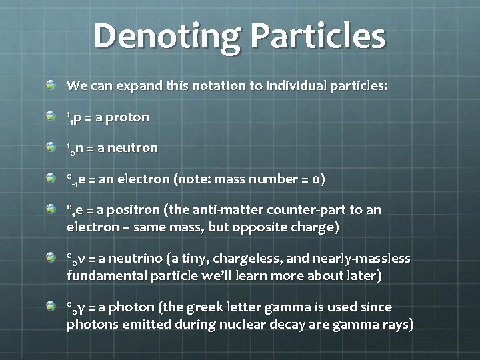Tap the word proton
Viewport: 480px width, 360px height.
tap(127, 117)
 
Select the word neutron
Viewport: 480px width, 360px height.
tap(136, 148)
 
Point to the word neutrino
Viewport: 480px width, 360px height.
tap(133, 258)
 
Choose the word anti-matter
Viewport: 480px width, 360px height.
tap(225, 210)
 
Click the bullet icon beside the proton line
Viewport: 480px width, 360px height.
tap(51, 117)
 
